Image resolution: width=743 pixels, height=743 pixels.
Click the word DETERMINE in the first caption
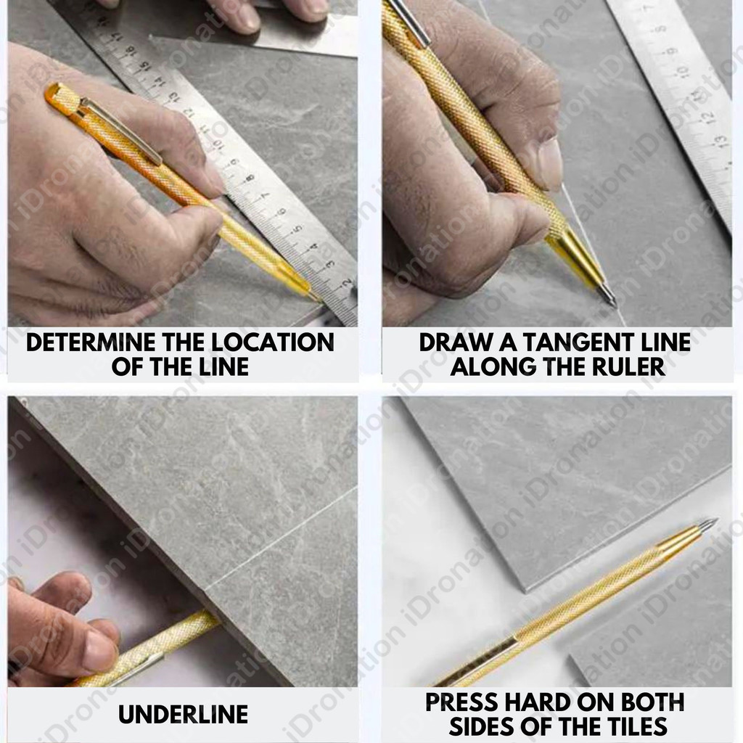click(91, 342)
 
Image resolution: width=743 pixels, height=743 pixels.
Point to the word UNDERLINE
click(183, 714)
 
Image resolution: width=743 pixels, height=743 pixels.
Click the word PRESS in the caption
click(461, 702)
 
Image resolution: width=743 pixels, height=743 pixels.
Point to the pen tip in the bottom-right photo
click(714, 521)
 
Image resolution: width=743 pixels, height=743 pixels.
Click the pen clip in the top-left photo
click(121, 131)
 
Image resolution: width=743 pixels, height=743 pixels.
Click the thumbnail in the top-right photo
click(550, 164)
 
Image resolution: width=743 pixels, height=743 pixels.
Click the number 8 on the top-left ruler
click(250, 178)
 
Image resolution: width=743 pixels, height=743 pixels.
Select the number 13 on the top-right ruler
click(720, 141)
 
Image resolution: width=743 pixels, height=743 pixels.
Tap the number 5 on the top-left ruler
click(297, 229)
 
